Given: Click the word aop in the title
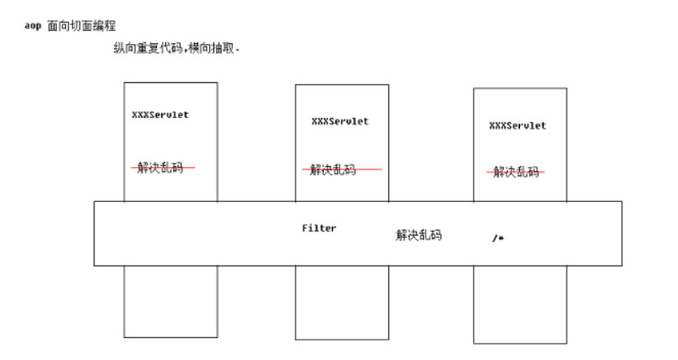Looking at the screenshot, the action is pos(33,26).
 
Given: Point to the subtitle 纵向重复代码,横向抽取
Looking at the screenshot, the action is pos(177,49).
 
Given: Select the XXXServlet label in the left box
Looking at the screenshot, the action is pos(160,115).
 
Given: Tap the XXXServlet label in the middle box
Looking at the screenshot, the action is pos(339,121).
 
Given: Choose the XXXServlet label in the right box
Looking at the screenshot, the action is pos(518,125).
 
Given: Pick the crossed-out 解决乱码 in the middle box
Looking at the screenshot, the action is pos(341,169).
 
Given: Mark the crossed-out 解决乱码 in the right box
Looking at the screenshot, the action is pos(515,172).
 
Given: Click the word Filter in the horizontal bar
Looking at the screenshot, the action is pos(319,229).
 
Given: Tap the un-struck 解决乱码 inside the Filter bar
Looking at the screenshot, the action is pos(418,235).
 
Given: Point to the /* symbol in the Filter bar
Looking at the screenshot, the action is pos(498,238).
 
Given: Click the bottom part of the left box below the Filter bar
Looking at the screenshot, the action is pos(170,301).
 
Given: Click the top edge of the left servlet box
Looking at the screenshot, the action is pos(170,82).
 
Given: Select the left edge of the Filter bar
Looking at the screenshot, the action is pos(94,233).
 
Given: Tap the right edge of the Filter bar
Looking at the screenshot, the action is pos(622,233).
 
